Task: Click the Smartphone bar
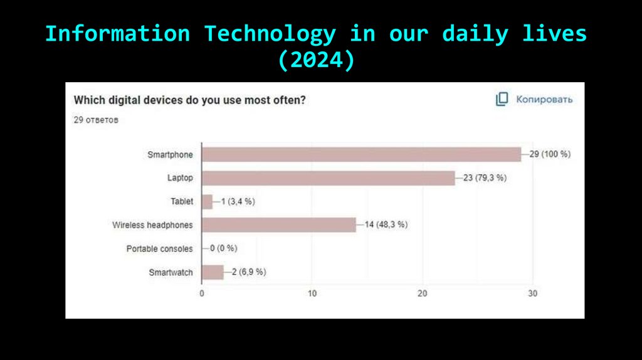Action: point(361,154)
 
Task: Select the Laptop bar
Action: point(328,178)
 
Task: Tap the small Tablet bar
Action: point(207,202)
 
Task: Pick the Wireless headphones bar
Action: point(278,225)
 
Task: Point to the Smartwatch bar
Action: point(213,272)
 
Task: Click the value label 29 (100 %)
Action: point(550,154)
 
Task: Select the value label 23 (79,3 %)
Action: point(485,178)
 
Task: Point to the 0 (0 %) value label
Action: point(223,248)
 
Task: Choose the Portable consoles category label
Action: point(159,249)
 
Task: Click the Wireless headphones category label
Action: point(152,225)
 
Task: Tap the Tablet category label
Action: point(182,202)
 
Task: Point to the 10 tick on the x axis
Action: point(312,294)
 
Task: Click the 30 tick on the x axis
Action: point(533,294)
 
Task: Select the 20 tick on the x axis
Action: point(423,294)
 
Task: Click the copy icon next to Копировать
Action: point(502,99)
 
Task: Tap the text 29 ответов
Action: point(96,120)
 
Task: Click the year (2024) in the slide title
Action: point(317,61)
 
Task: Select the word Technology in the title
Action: point(270,34)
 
